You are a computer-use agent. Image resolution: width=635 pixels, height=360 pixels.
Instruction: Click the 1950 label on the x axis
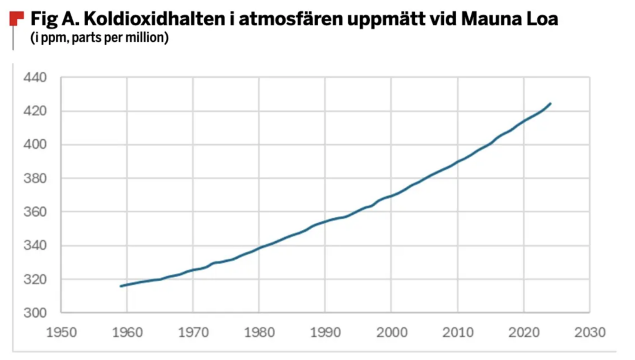tap(62, 333)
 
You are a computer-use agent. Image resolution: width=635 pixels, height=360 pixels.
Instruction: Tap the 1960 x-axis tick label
tap(128, 333)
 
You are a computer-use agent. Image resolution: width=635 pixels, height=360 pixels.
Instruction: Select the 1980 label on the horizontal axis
tap(260, 333)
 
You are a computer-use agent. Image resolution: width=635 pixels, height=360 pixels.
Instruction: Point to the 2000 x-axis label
tap(392, 333)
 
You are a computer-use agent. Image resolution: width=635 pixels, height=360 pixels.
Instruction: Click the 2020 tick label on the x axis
tap(524, 333)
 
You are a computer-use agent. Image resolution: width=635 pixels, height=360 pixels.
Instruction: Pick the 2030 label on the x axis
tap(590, 333)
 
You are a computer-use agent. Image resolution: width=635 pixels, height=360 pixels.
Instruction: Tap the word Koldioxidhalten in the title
tap(129, 19)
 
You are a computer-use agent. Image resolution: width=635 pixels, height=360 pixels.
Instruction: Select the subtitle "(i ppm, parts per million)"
tap(99, 39)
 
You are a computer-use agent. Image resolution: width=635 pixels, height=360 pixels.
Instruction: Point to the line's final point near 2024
tap(550, 104)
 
